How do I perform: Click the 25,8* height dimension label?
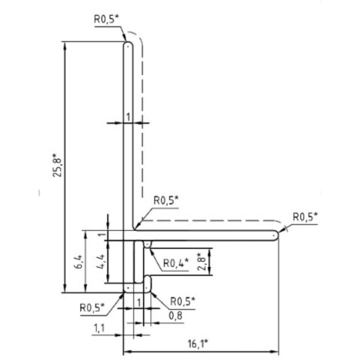[x=57, y=165]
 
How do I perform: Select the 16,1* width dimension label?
[x=198, y=344]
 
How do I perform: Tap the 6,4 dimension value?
[x=78, y=262]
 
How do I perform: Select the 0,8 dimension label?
[x=175, y=316]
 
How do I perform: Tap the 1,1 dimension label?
[x=99, y=328]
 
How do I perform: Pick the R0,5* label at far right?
[x=305, y=217]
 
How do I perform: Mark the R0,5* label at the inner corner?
[x=166, y=200]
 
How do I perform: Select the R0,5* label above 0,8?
[x=183, y=301]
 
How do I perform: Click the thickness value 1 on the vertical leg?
[x=128, y=117]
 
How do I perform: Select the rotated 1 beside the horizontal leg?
[x=102, y=235]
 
